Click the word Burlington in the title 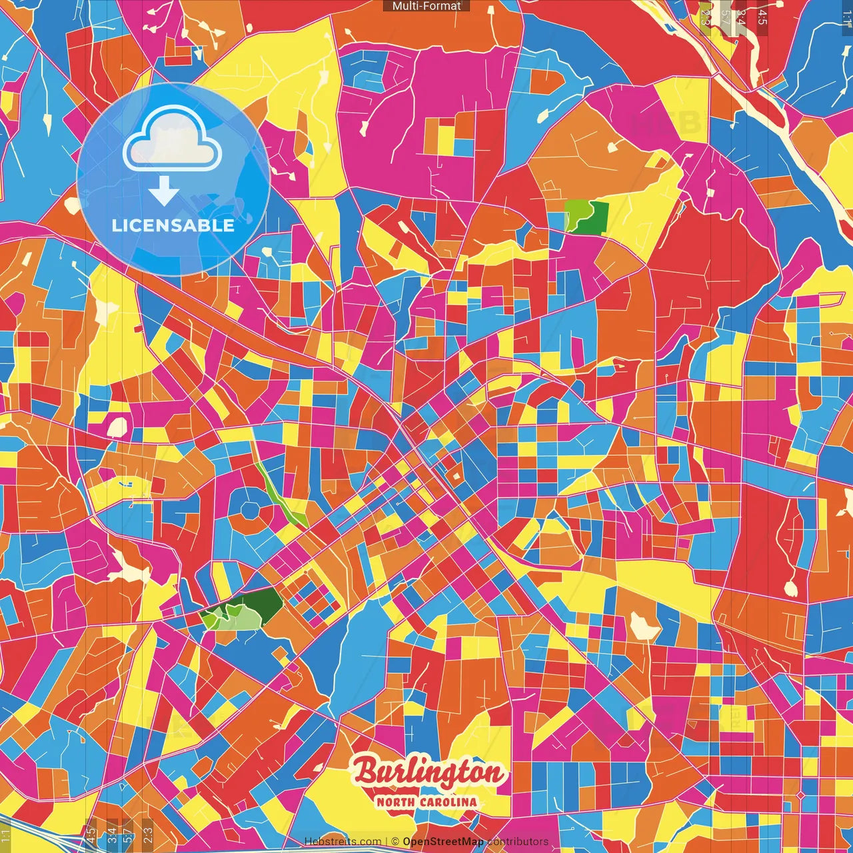coord(428,773)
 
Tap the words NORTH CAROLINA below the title coord(426,802)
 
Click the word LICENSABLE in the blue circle coord(173,225)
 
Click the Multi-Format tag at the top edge coord(426,6)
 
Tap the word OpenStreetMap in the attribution coord(443,842)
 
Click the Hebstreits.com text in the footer coord(343,842)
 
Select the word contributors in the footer coord(518,842)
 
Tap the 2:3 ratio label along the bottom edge coord(147,834)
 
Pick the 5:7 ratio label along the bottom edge coord(128,834)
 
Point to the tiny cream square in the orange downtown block coord(456,476)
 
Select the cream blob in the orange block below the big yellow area coord(644,625)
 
